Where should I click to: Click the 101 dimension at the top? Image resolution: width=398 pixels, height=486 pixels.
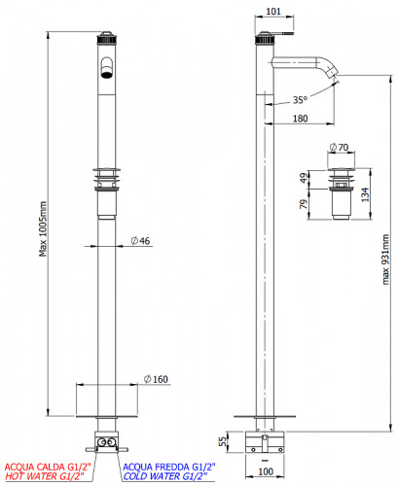coord(273,12)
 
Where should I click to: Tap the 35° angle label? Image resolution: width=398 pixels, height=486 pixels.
coord(300,100)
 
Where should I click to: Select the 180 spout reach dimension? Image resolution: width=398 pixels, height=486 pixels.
coord(300,119)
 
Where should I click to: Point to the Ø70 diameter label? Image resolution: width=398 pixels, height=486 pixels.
coord(339,148)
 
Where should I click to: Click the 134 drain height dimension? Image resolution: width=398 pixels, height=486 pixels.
coord(365,194)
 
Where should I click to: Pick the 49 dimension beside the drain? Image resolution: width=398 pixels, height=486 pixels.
coord(304,178)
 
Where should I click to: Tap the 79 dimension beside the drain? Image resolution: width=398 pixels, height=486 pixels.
coord(304,204)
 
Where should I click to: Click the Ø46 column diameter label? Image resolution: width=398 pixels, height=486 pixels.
coord(140,241)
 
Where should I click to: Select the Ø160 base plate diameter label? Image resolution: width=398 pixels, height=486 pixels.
coord(156,379)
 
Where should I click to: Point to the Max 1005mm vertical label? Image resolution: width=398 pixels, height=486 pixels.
coord(43,228)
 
